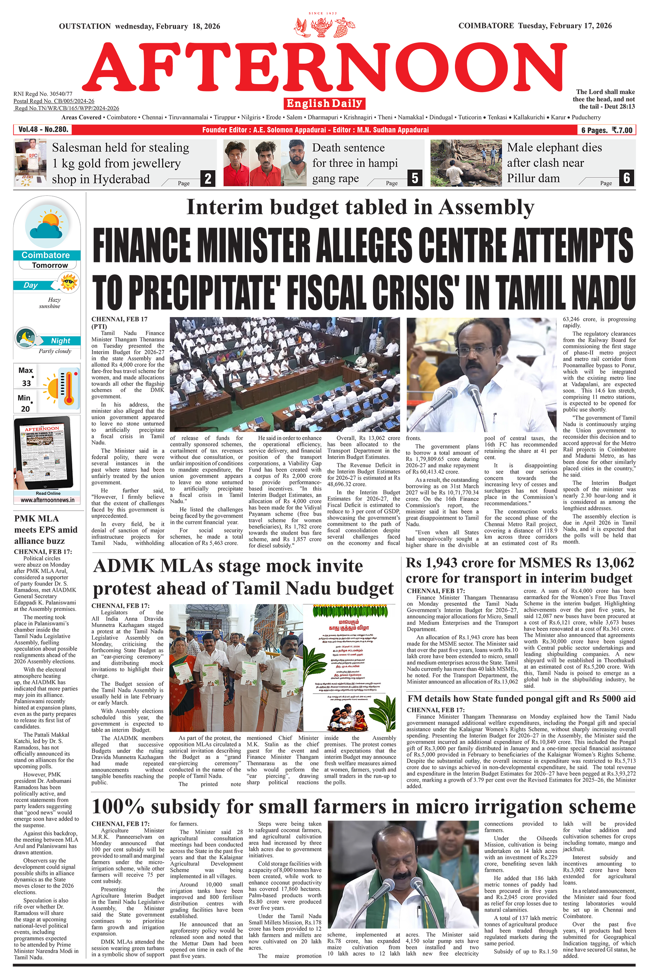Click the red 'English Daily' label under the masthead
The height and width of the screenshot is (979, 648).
click(324, 103)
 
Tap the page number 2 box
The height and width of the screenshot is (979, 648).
click(208, 179)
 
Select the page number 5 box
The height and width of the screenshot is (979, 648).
click(415, 178)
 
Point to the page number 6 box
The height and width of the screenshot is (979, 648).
click(626, 178)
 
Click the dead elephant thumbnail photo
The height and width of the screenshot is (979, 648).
click(466, 163)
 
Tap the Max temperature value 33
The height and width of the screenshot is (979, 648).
click(26, 383)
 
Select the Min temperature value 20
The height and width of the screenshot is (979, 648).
click(25, 409)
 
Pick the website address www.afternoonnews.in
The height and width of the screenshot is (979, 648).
click(48, 500)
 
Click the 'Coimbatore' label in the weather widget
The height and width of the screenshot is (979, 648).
click(45, 255)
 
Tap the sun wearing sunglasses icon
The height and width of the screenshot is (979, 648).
click(69, 283)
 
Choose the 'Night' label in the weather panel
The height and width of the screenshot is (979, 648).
click(60, 341)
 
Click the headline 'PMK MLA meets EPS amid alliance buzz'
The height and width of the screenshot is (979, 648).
click(45, 529)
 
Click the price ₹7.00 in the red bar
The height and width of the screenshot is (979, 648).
click(622, 130)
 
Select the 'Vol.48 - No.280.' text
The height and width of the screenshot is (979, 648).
click(43, 129)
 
